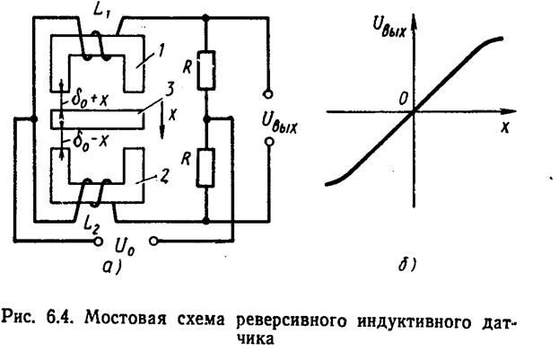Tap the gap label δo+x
point(87,97)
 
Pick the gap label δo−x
point(86,145)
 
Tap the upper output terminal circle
point(266,92)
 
